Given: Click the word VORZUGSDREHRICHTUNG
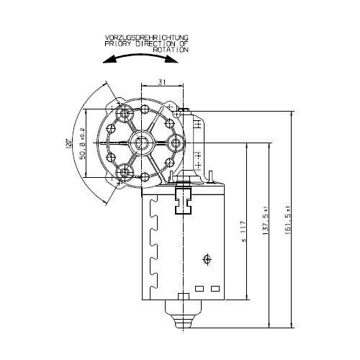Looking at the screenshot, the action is point(147,37).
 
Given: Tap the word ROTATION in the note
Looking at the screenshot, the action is point(171,50).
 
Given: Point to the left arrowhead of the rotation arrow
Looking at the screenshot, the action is point(109,60).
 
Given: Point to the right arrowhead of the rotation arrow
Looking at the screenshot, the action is point(172,59).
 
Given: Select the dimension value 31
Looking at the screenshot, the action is point(162,82).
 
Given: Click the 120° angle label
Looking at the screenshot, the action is point(69,143).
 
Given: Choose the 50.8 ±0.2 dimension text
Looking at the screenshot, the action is point(82,143).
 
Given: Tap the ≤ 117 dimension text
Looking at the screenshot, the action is point(243,232).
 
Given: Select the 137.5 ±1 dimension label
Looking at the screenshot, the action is point(265,220).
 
